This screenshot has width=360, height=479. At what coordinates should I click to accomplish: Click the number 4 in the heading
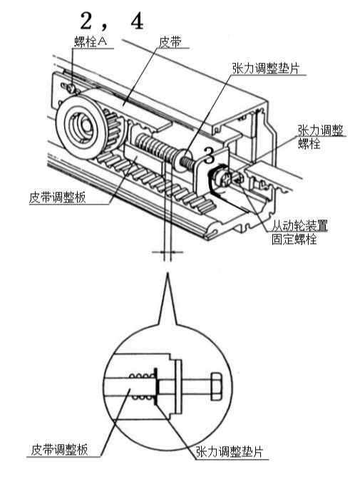(136, 19)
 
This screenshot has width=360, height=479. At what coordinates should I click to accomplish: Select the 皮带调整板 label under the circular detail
(58, 450)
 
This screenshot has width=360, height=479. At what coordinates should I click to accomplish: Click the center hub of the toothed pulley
(79, 126)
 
